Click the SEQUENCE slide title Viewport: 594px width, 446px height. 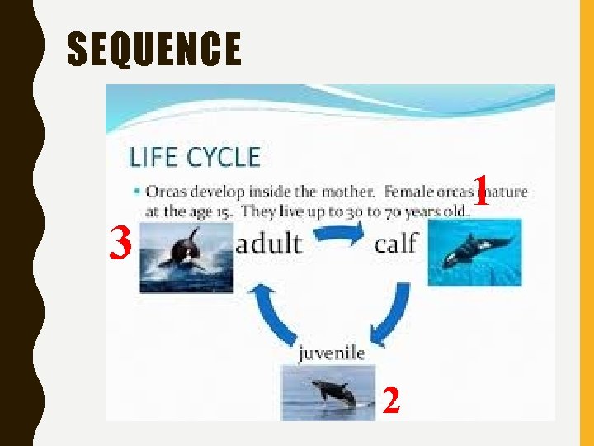coord(154,49)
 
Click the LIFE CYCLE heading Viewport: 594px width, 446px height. coord(194,157)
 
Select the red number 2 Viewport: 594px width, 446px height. coord(392,401)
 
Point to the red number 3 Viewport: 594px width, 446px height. coord(121,244)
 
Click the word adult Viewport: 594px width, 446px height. coord(270,244)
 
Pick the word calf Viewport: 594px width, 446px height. coord(396,244)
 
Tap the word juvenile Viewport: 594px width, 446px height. coord(331,353)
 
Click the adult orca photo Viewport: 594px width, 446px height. coord(186,257)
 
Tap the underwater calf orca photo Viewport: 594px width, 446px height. coord(474,252)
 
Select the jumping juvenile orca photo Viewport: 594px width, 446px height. coord(328,392)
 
